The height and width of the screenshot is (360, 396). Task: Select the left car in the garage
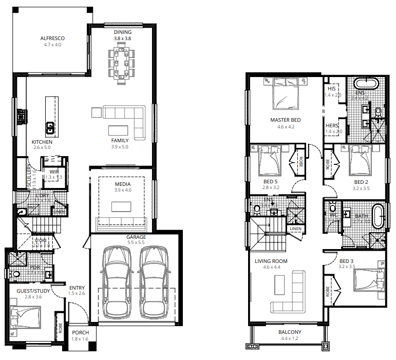pos(117,282)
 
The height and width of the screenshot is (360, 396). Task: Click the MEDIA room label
pos(122,184)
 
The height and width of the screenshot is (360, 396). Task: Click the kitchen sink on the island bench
pos(51,125)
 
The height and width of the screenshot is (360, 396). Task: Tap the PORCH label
pos(80,332)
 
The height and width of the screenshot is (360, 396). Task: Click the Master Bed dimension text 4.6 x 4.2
pos(286,127)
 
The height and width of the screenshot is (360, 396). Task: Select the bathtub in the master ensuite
pos(365,83)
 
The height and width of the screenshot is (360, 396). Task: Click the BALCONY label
pos(290,332)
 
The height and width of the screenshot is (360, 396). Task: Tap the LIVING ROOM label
pos(271,261)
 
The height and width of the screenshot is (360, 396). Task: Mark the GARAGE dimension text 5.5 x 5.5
pos(137,243)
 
